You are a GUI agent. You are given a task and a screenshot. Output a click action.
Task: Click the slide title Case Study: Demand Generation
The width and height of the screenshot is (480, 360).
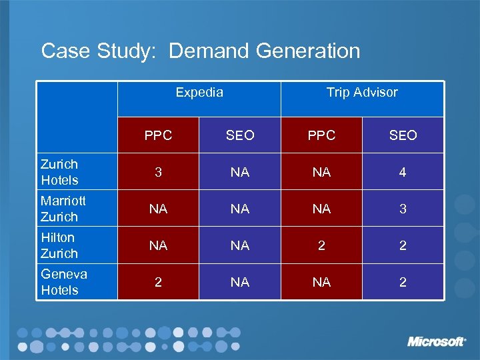(x=200, y=51)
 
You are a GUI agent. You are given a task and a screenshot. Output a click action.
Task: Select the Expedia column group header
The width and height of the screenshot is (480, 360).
(x=199, y=93)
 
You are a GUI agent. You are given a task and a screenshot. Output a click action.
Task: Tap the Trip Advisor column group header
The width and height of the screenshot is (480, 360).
(x=362, y=93)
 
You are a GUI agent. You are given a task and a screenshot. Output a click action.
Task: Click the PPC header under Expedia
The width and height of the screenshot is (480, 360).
(x=158, y=135)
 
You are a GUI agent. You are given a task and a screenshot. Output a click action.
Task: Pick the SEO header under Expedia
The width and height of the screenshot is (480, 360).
(x=240, y=135)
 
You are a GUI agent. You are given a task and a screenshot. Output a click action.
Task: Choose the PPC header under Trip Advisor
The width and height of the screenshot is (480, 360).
(x=321, y=135)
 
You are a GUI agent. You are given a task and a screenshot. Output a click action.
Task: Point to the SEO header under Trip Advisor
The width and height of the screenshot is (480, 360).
(x=403, y=135)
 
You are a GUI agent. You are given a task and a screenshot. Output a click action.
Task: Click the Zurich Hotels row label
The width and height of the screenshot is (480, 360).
(x=60, y=172)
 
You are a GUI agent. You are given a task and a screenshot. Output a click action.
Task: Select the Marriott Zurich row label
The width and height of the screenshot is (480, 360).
(x=63, y=209)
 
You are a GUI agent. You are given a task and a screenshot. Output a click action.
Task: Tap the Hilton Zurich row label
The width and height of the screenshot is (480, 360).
(x=59, y=245)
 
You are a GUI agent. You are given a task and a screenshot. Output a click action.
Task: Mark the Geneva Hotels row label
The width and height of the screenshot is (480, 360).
(x=64, y=282)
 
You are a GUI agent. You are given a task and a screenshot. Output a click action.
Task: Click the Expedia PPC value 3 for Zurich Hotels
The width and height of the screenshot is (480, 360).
(x=158, y=172)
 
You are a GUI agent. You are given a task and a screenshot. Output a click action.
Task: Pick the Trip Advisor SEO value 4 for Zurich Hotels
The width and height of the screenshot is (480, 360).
(x=403, y=172)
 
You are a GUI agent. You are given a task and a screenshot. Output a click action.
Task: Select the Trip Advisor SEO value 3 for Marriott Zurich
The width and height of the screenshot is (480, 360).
(x=403, y=209)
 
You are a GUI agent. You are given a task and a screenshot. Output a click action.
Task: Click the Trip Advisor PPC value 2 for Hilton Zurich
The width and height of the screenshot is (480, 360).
(x=321, y=245)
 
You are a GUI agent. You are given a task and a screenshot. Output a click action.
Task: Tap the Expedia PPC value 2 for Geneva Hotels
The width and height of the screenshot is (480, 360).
(x=158, y=282)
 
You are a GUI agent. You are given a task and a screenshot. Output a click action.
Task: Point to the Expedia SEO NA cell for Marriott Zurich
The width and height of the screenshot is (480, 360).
(x=240, y=209)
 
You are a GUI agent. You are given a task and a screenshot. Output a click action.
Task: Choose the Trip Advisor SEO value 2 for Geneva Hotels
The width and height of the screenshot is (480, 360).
(x=403, y=282)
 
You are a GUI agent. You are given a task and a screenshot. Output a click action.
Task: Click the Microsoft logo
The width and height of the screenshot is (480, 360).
(x=437, y=341)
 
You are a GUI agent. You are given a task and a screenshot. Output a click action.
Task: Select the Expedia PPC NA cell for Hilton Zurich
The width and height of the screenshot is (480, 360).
(x=158, y=245)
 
